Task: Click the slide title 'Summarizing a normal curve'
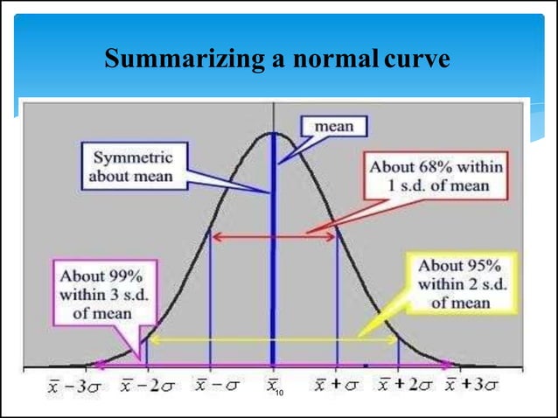pyautogui.click(x=277, y=59)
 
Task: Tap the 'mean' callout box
pyautogui.click(x=333, y=127)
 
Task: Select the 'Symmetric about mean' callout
pyautogui.click(x=133, y=167)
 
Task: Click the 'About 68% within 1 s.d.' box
pyautogui.click(x=437, y=175)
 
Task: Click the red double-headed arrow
pyautogui.click(x=274, y=236)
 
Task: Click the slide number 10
pyautogui.click(x=280, y=398)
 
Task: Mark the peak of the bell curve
pyautogui.click(x=274, y=134)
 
